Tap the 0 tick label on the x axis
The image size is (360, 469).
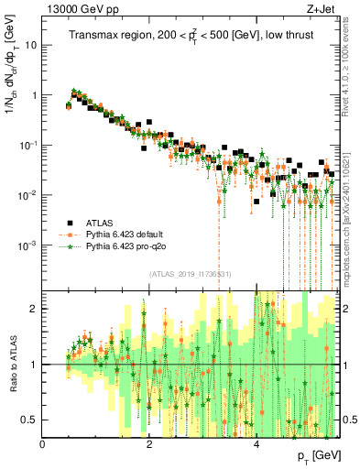coord(43,444)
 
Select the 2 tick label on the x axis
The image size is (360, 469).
coord(149,444)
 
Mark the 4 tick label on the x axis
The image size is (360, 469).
coord(256,444)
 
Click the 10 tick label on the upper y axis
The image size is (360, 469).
coord(30,44)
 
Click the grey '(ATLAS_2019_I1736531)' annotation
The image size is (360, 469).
coord(191,274)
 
